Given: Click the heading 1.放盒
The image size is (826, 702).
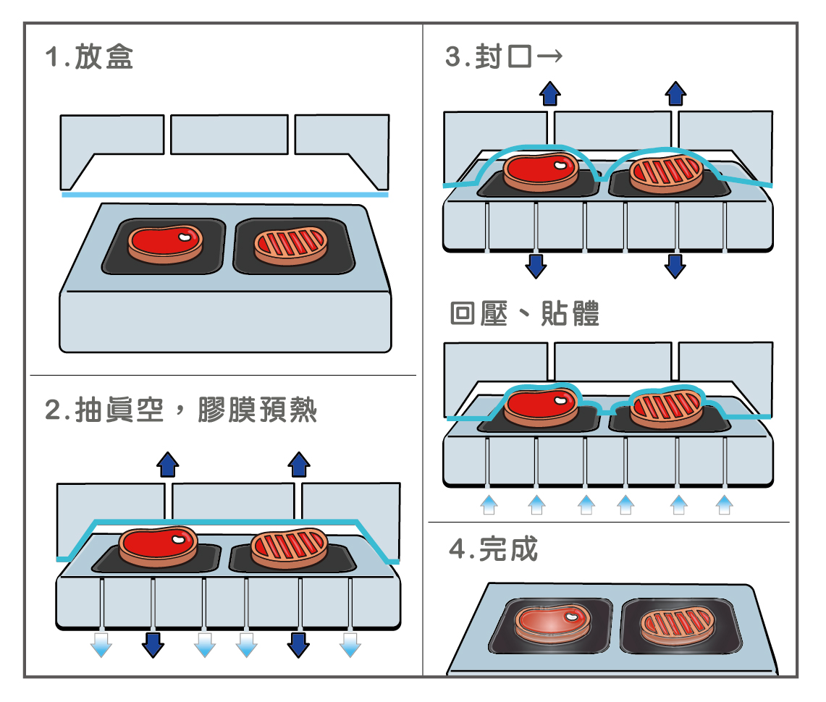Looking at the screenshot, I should [x=89, y=58].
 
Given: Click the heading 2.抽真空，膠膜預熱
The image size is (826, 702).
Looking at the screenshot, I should [x=181, y=410].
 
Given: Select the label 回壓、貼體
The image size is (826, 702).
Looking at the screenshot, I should [x=524, y=314].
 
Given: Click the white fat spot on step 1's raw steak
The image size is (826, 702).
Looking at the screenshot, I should [x=186, y=236].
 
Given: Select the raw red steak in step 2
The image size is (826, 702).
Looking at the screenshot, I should [x=158, y=544].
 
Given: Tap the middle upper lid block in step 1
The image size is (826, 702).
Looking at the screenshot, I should [x=229, y=135].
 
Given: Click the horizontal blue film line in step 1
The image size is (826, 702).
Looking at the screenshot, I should [x=224, y=195].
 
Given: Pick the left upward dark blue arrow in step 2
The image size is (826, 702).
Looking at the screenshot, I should [x=168, y=464].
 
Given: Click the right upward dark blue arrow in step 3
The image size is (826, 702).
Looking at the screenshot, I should [x=675, y=93].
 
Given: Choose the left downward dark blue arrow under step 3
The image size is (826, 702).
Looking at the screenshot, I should [x=536, y=266].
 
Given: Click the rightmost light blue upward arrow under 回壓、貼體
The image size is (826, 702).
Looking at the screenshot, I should [x=723, y=504].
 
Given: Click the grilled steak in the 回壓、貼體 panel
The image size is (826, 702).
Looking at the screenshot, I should [x=666, y=407].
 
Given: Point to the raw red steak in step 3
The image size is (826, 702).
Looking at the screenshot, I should [x=540, y=171].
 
